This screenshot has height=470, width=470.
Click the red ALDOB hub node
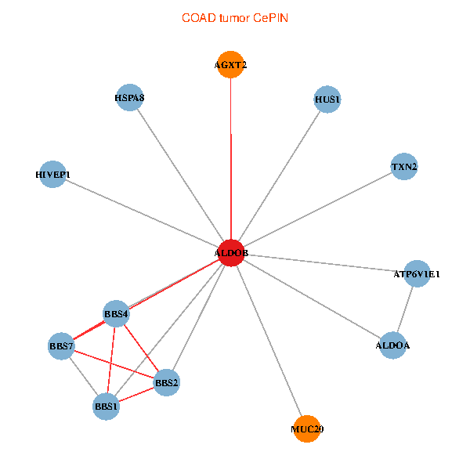point(231,253)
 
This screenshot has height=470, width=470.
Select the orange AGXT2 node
point(230,65)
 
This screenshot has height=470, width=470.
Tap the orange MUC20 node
point(307,428)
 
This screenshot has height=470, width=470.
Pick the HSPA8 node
point(129,98)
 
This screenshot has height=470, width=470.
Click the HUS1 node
point(327,99)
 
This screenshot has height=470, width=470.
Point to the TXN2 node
point(404,167)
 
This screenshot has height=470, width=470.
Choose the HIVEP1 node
point(52,173)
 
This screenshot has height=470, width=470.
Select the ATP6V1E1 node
point(417,273)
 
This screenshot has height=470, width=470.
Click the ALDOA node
point(392,345)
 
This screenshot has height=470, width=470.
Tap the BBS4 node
point(116,314)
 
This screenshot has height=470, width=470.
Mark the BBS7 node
point(61,346)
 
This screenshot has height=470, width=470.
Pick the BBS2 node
point(167,382)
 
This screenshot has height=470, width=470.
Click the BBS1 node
point(106,407)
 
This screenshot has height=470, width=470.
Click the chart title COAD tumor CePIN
point(235,17)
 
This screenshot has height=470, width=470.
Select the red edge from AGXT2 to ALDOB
point(230,157)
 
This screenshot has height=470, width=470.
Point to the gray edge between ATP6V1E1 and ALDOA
point(405,309)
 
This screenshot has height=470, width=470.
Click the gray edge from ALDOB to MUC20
point(269,340)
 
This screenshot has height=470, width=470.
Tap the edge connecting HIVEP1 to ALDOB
point(141,213)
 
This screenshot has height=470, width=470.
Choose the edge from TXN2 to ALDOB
point(317,210)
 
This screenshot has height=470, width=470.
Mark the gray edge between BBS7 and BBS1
point(83,376)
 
